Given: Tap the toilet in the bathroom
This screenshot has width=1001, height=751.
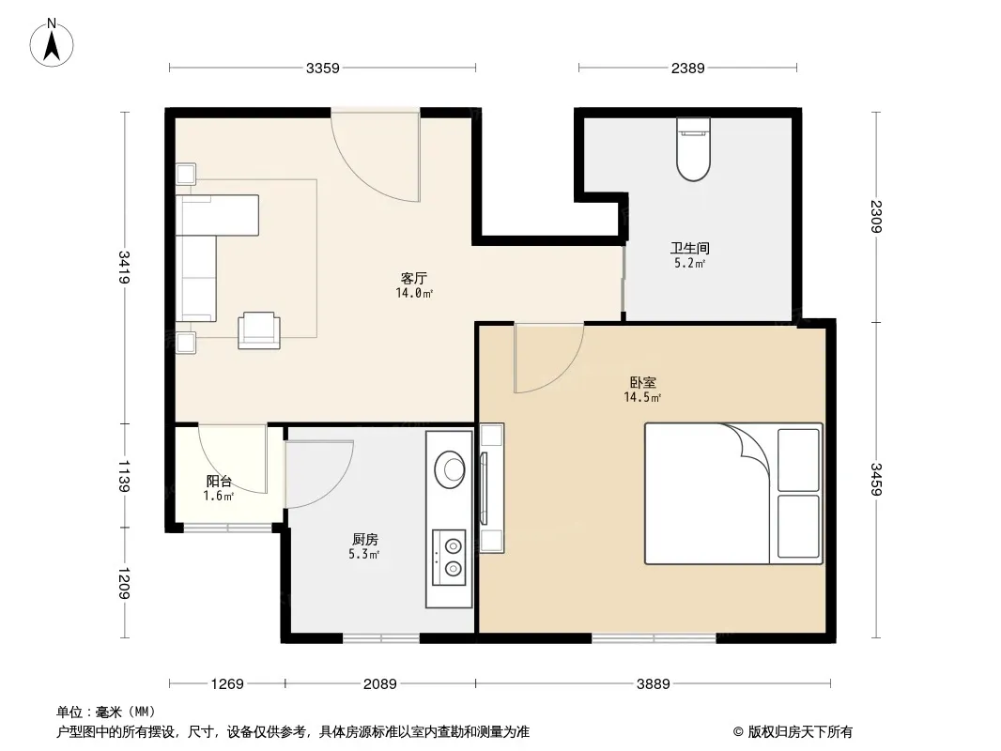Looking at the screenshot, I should (x=693, y=150).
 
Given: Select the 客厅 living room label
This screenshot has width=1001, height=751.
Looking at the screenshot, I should (x=414, y=279).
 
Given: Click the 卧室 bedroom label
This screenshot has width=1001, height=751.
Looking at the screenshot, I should (x=643, y=383).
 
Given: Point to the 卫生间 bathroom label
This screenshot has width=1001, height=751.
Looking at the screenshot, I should (x=689, y=249).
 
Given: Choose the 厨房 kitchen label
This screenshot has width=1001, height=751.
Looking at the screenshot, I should (x=365, y=540).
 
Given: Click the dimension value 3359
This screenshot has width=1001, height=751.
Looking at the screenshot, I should (x=322, y=68).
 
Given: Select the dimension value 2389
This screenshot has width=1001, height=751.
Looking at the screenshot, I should (x=687, y=68).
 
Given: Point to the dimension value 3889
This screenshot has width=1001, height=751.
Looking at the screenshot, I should (x=653, y=684).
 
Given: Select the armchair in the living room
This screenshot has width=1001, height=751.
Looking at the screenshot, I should (x=259, y=330).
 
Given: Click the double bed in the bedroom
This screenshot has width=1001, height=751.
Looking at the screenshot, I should (x=732, y=494).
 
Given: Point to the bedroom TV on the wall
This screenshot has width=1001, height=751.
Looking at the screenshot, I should (x=484, y=488).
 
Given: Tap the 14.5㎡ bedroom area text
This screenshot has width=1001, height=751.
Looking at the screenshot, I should (x=642, y=398).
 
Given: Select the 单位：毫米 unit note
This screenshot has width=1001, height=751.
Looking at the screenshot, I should (x=105, y=712).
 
